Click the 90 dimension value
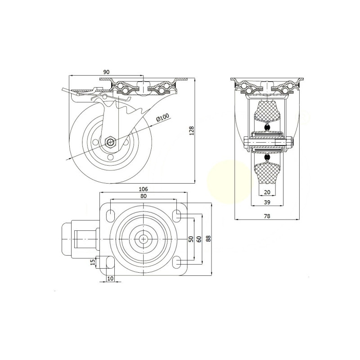(106, 72)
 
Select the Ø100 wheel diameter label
(162, 117)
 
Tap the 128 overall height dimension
(192, 130)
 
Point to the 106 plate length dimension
(144, 189)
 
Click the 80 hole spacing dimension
(144, 196)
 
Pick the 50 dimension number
(191, 239)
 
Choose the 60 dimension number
(199, 239)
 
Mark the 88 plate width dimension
(208, 238)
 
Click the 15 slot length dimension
(93, 262)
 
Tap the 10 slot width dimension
(110, 279)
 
